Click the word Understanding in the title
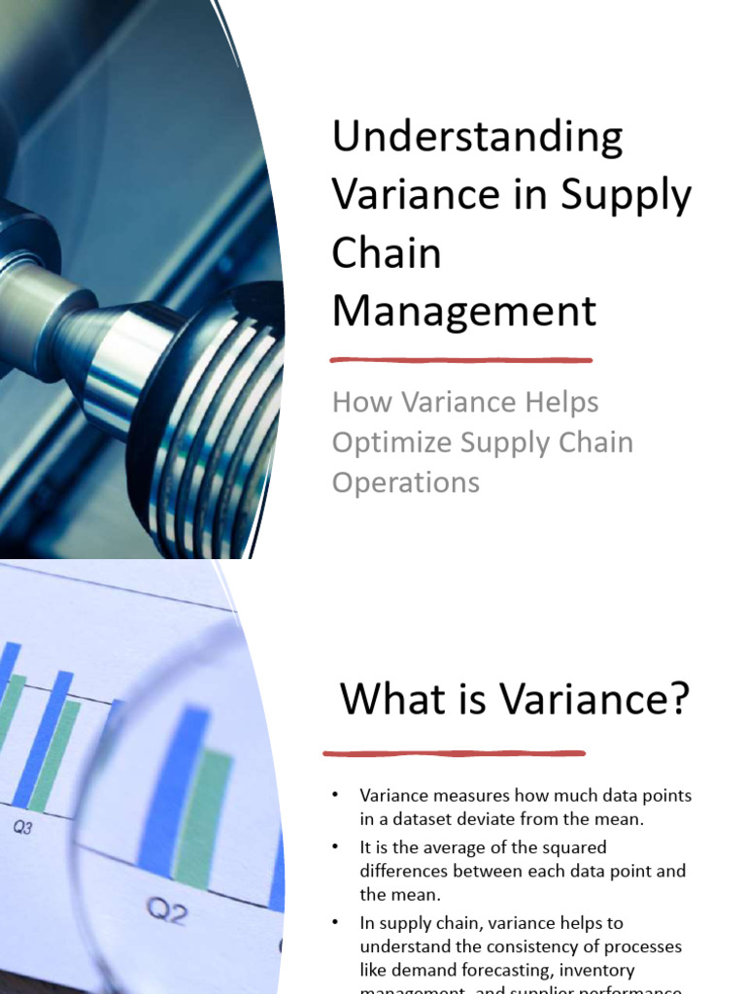477,139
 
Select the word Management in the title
463,312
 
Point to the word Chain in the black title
386,253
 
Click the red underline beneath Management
461,360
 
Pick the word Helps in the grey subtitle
552,402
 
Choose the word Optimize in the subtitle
390,443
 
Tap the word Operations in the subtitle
405,482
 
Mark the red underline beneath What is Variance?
454,752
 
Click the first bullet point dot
335,796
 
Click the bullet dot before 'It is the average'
335,847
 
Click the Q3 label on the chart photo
22,828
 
